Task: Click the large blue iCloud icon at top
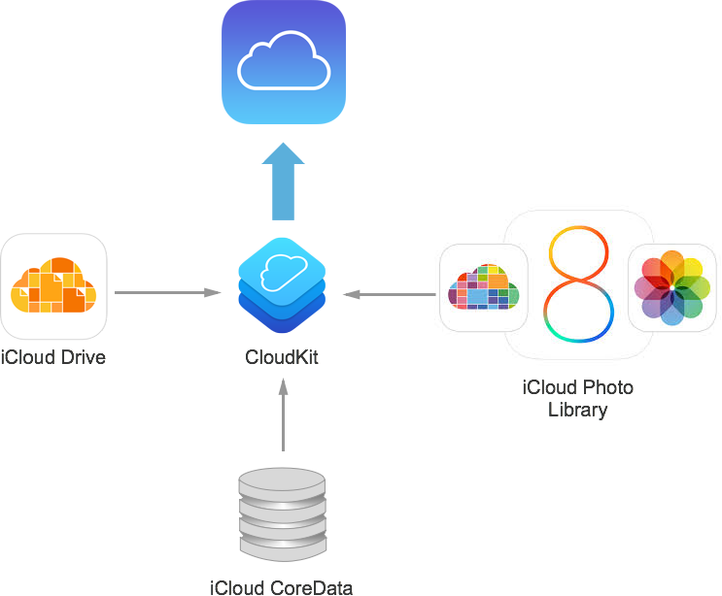tap(284, 63)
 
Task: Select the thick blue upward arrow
tap(283, 182)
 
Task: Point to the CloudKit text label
tap(282, 358)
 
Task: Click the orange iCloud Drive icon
tap(54, 285)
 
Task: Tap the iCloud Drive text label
tap(54, 358)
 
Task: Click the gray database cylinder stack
tap(281, 515)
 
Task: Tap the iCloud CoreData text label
tap(282, 586)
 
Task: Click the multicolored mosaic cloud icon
tap(484, 287)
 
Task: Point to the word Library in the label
tap(577, 410)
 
